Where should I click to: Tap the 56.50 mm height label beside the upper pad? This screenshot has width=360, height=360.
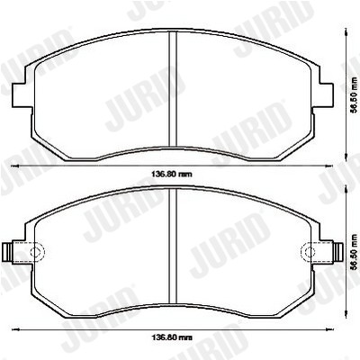[355, 94]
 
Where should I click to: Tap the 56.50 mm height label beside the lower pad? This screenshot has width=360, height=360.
[355, 251]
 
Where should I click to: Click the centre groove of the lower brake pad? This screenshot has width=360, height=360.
[173, 246]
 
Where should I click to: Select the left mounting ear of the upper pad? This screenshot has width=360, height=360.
[22, 94]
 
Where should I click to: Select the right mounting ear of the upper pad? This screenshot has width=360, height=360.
[323, 94]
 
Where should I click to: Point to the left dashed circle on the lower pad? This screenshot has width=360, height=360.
[37, 251]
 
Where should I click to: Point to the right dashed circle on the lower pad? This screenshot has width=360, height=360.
[308, 251]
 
